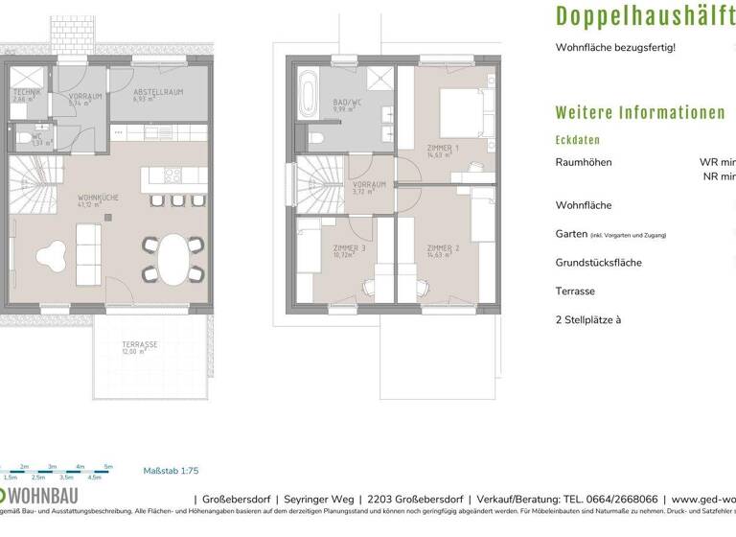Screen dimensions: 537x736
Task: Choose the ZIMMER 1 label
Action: [x=444, y=148]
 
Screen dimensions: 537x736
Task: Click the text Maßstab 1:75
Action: [x=171, y=471]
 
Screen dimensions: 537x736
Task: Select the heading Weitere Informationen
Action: [x=640, y=112]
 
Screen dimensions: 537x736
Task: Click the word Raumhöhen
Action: [x=583, y=162]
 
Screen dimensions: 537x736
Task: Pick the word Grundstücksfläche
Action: [x=598, y=262]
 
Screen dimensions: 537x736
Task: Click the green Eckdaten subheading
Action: [x=578, y=140]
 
